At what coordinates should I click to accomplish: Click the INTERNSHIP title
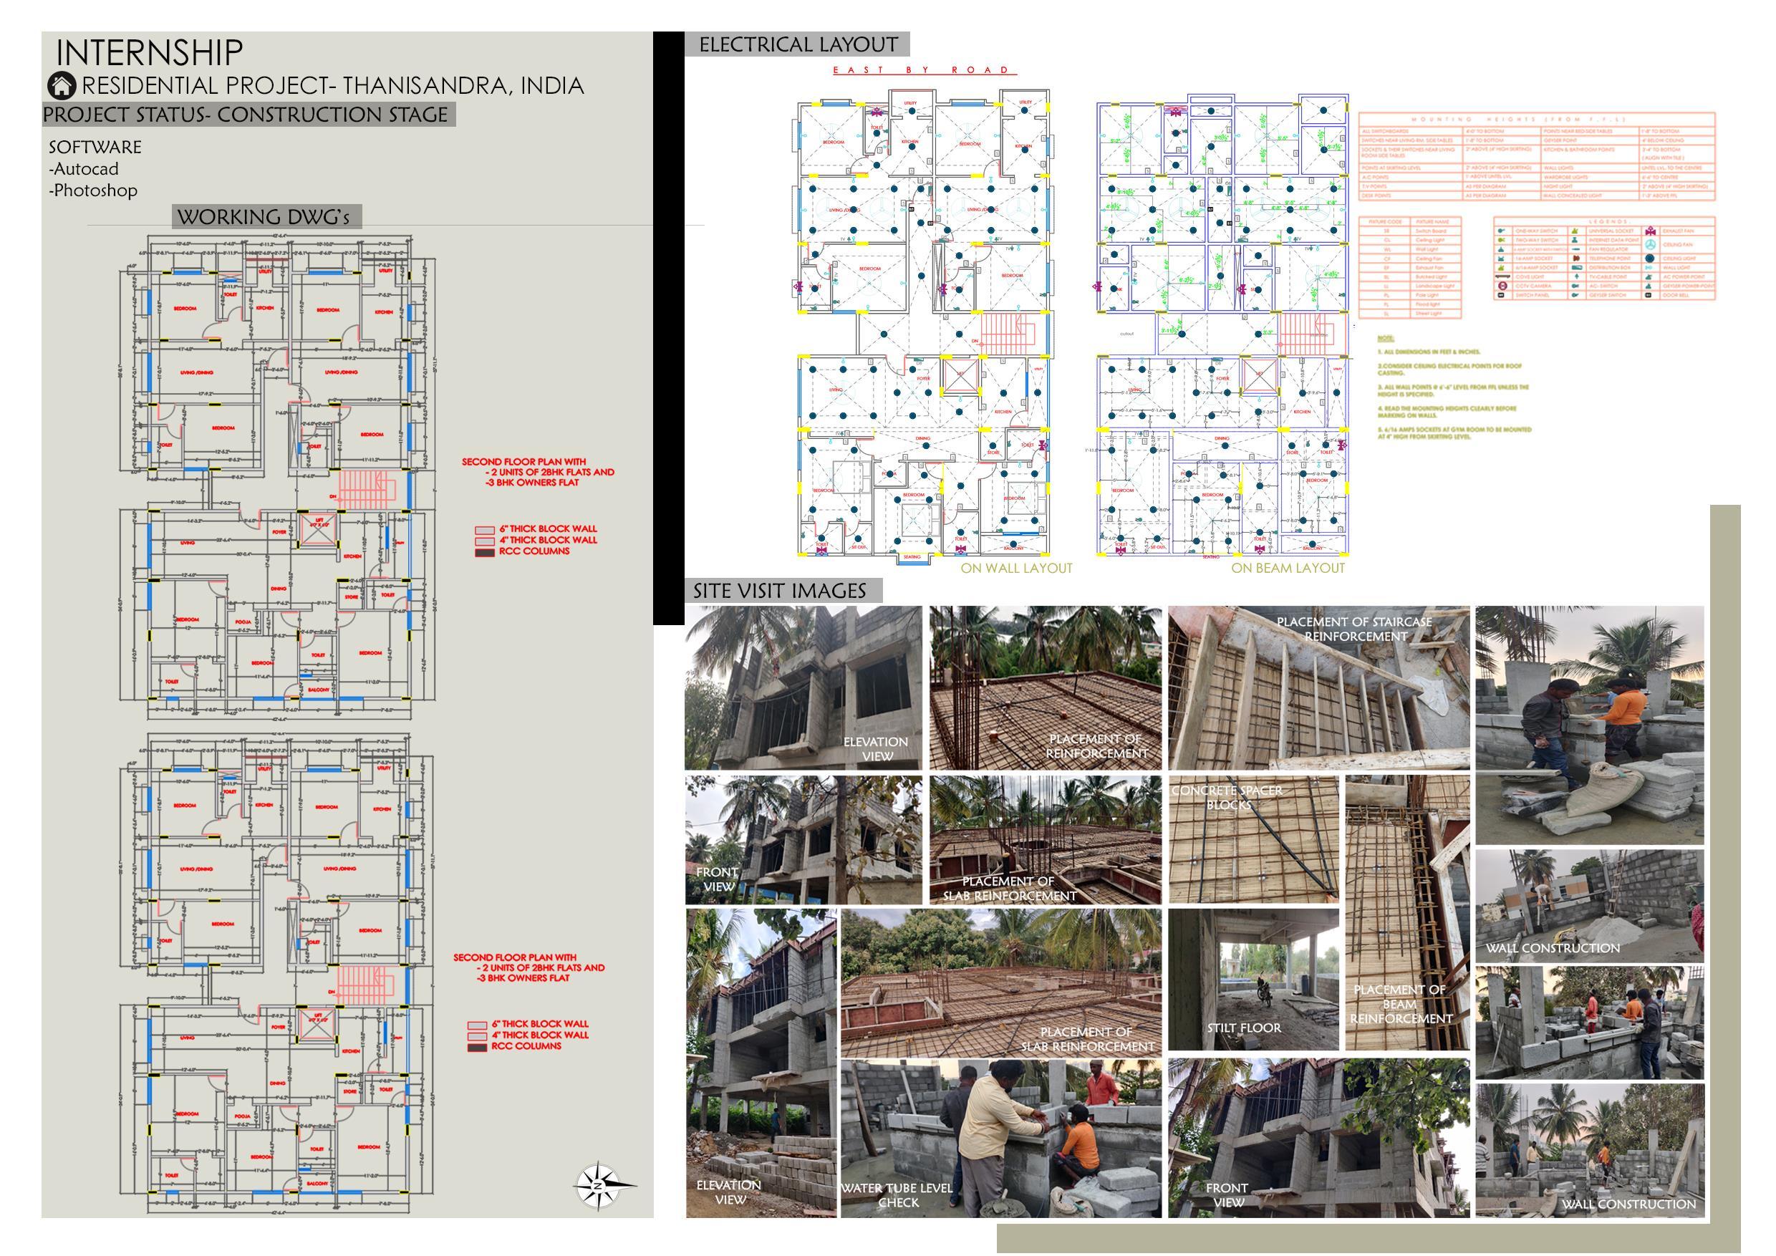click(149, 52)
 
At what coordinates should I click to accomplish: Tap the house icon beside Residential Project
click(62, 85)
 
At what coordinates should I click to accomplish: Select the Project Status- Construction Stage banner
click(246, 115)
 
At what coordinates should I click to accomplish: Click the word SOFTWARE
click(95, 147)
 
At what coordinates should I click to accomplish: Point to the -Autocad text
click(84, 168)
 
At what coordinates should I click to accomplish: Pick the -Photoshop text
click(93, 190)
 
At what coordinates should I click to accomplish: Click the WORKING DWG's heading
click(264, 217)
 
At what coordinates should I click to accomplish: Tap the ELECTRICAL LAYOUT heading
click(798, 45)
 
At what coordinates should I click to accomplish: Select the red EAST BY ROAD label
click(924, 70)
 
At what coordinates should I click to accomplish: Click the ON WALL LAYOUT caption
click(1016, 569)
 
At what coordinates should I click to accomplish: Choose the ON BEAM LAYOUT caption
click(1288, 569)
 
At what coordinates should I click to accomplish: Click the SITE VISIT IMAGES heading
click(780, 591)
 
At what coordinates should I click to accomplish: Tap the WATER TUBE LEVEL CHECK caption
click(897, 1195)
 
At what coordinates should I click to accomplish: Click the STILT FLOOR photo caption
click(1244, 1028)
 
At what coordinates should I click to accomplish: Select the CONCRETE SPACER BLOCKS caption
click(1227, 798)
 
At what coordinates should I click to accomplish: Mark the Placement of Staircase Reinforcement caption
click(1354, 629)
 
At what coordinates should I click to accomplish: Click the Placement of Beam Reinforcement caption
click(1400, 1004)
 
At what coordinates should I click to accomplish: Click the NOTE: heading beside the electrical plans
click(1386, 339)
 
